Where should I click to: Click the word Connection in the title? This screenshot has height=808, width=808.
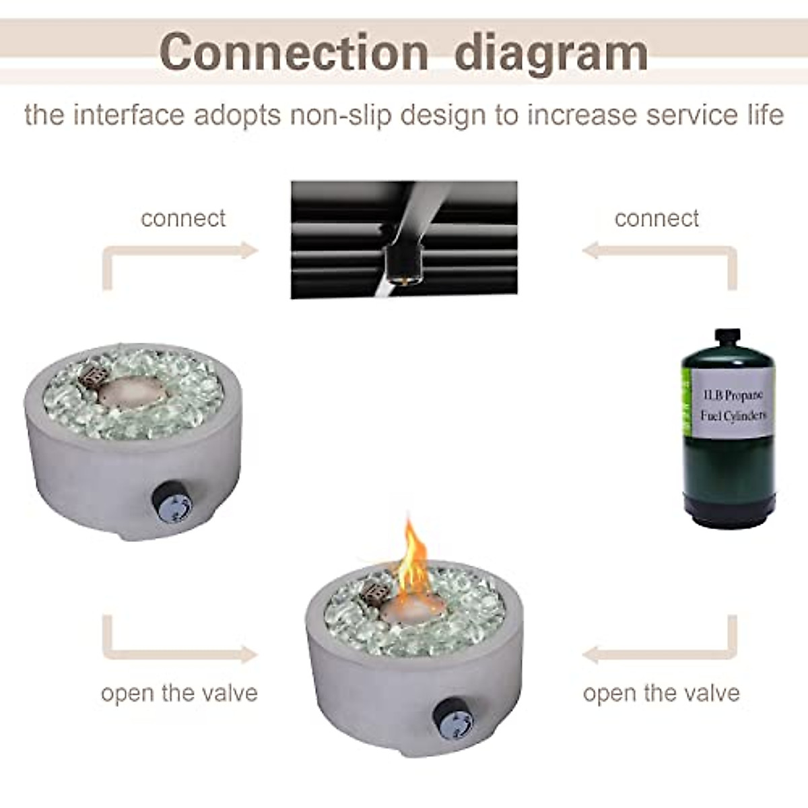click(294, 51)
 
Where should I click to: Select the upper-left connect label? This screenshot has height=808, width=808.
click(183, 218)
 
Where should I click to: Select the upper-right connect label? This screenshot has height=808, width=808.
click(656, 218)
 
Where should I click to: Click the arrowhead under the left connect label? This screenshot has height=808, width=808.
click(249, 251)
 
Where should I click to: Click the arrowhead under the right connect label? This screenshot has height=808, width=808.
click(591, 251)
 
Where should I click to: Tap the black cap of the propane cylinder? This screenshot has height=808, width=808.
click(727, 341)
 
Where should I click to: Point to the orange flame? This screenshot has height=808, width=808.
click(413, 555)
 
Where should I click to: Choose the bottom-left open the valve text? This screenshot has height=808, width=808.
click(179, 693)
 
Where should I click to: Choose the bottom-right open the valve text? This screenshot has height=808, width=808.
click(661, 693)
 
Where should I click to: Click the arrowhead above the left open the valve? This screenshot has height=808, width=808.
click(248, 654)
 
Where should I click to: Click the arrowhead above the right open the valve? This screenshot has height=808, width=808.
click(591, 654)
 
